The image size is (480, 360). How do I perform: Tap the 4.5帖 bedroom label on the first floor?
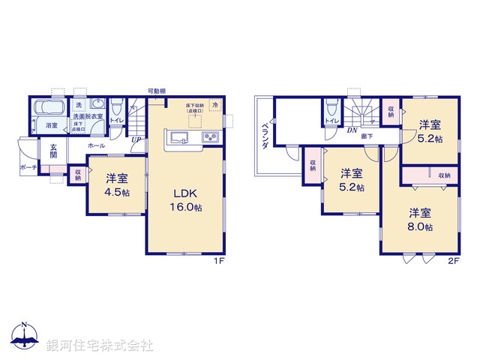[x=116, y=184]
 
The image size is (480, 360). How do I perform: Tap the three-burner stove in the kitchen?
[x=208, y=138]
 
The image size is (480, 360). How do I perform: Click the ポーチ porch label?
[x=28, y=167]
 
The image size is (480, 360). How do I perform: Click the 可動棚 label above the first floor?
[x=156, y=91]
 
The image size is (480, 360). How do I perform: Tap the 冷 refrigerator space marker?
[x=216, y=106]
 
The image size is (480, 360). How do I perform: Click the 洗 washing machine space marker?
[x=79, y=106]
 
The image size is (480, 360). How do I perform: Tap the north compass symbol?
[x=24, y=336]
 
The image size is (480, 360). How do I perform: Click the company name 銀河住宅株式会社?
[x=99, y=346]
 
